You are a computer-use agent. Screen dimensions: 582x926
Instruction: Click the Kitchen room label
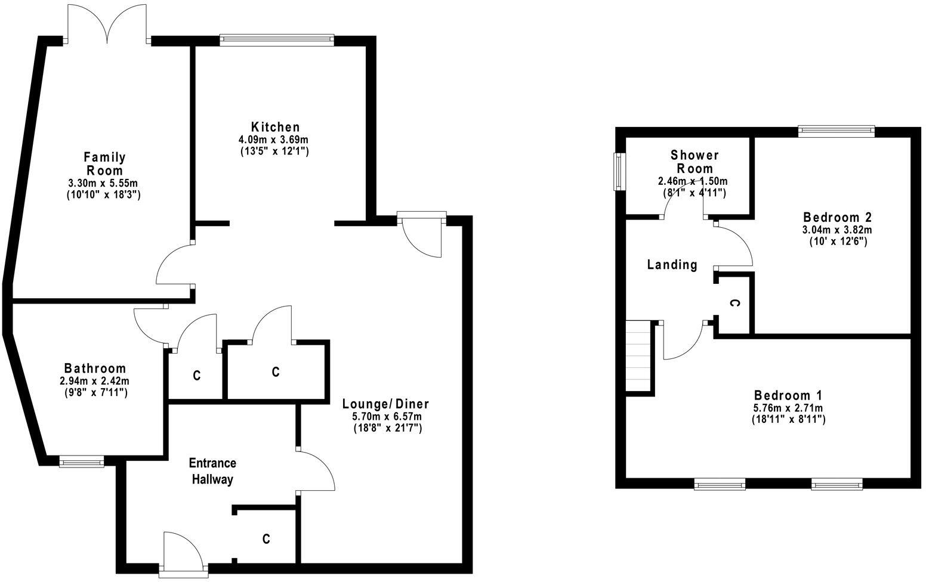(275, 127)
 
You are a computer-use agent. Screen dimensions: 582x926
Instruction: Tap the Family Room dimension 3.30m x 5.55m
(104, 183)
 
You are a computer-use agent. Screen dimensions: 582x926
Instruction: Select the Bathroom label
(95, 369)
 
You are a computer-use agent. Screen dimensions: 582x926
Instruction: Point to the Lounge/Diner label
(385, 404)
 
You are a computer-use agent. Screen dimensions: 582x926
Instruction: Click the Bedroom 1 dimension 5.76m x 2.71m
(788, 408)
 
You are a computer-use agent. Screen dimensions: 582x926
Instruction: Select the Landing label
(672, 265)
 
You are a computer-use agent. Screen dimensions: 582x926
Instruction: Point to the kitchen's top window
(277, 39)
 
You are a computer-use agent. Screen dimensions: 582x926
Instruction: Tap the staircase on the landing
(638, 356)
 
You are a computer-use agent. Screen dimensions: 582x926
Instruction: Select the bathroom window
(81, 460)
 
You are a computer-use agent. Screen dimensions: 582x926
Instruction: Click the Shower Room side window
(619, 172)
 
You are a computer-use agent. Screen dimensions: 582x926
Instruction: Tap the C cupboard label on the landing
(735, 304)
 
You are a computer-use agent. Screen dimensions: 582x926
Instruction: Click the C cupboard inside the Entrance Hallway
(266, 539)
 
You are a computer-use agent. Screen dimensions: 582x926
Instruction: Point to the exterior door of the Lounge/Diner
(421, 234)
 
